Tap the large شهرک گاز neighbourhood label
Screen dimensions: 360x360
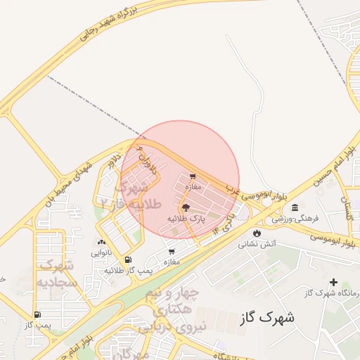tap(266, 317)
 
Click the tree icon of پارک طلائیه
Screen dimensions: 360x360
tap(186, 207)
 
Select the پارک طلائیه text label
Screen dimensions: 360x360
tap(186, 219)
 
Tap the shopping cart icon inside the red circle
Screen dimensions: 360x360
tap(193, 176)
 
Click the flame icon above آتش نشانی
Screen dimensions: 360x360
tap(257, 233)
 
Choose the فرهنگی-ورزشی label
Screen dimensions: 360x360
tap(295, 219)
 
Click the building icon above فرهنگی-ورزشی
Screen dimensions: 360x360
tap(295, 207)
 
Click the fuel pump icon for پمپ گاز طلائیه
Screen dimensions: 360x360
tap(128, 259)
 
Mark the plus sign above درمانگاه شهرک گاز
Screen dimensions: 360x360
tap(333, 282)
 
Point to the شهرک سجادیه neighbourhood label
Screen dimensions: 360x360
tap(56, 274)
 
